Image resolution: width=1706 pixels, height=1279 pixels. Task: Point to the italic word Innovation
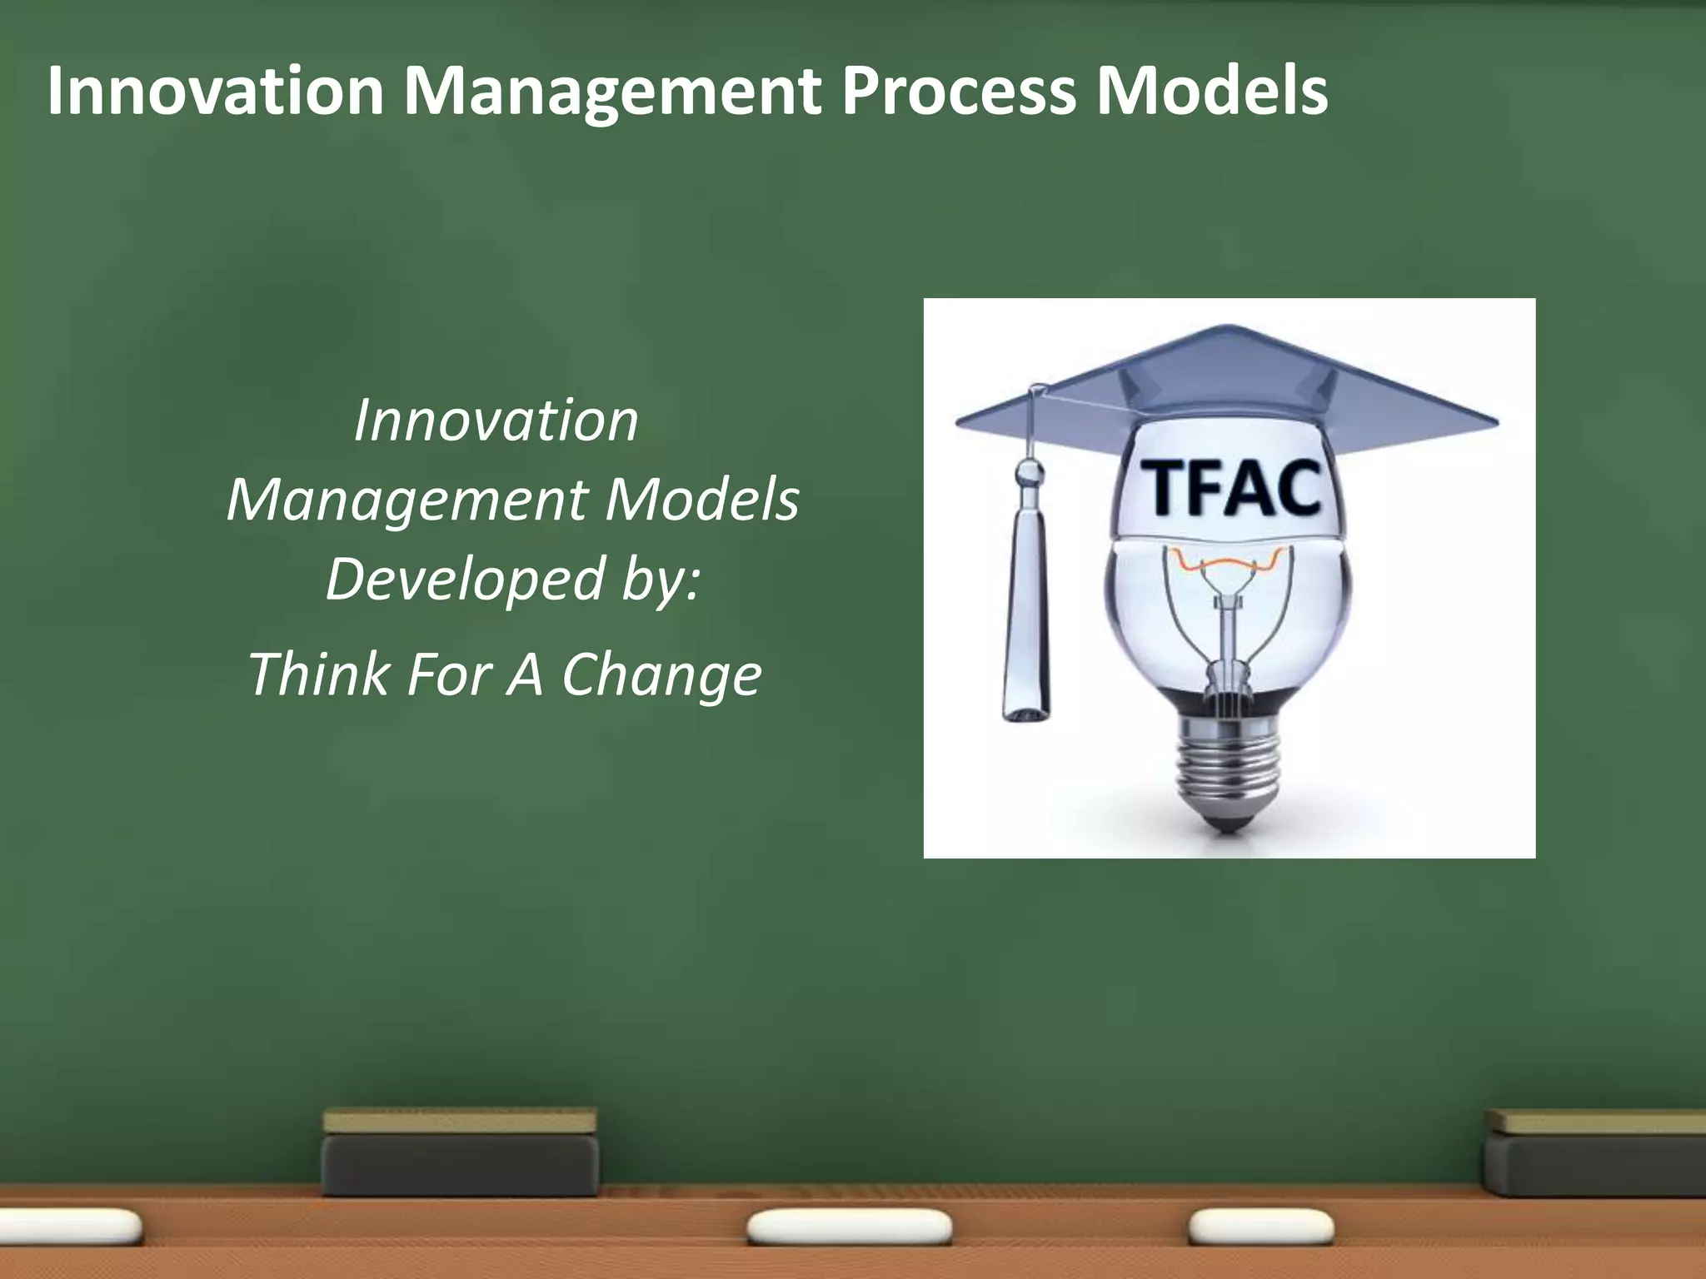coord(496,421)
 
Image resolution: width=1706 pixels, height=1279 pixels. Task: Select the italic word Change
coord(662,674)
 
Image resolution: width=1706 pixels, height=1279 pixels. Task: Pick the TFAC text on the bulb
coord(1229,490)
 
